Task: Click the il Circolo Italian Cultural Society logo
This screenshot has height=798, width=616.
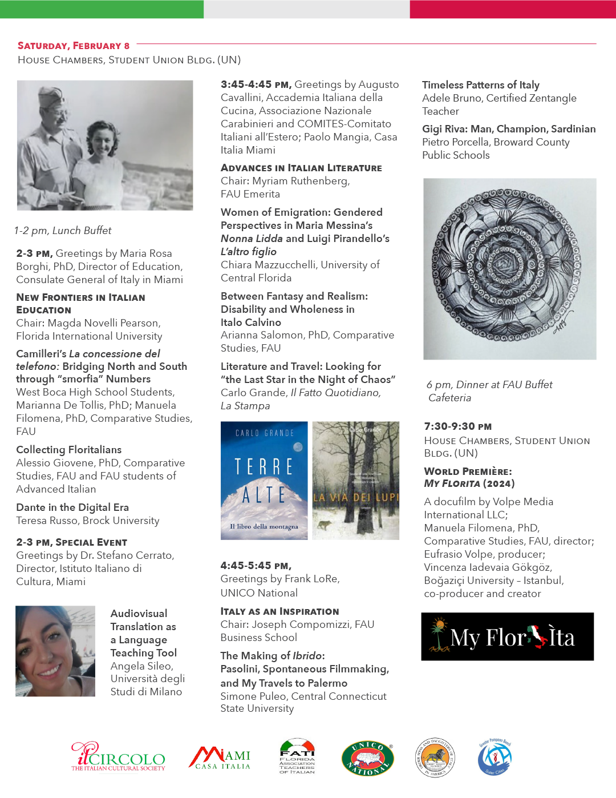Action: (x=118, y=757)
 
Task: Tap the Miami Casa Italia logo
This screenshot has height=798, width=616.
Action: (x=220, y=759)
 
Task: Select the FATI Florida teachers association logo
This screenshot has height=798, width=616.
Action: (x=297, y=757)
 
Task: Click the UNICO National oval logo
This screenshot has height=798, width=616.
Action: (x=367, y=759)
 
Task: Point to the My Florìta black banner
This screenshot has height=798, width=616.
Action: (x=507, y=636)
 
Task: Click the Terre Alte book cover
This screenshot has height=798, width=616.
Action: (x=264, y=481)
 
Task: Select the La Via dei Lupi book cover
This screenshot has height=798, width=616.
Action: (x=356, y=481)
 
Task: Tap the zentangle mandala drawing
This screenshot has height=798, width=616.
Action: (x=509, y=269)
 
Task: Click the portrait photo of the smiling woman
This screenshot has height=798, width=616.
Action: (x=55, y=651)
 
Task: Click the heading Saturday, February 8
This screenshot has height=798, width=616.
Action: (x=74, y=46)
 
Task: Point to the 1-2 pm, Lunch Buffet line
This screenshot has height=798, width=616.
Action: (x=63, y=231)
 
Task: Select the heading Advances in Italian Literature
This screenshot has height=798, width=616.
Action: (x=301, y=168)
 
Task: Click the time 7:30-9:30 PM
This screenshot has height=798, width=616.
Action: (x=457, y=426)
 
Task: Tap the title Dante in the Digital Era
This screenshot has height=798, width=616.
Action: (x=72, y=507)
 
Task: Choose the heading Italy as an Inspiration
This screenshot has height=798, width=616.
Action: (x=279, y=611)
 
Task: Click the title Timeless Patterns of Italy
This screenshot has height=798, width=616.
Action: (x=480, y=85)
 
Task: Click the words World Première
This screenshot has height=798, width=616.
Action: (x=468, y=471)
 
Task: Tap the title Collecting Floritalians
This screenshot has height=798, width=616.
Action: (x=68, y=450)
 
